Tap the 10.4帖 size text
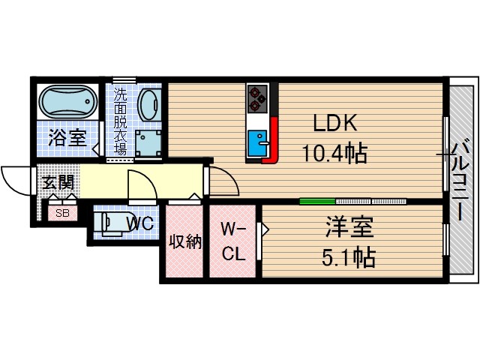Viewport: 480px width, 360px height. (x=334, y=154)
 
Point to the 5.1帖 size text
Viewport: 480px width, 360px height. (x=350, y=257)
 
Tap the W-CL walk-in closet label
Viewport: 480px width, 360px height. (x=233, y=241)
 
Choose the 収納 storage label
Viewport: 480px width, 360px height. (x=184, y=242)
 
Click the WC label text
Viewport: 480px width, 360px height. (x=140, y=223)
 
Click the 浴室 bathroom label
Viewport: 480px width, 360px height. (x=67, y=137)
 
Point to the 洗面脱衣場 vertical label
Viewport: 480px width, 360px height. (x=120, y=120)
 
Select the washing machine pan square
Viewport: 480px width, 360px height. (x=150, y=141)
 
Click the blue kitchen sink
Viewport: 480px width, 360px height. (x=259, y=142)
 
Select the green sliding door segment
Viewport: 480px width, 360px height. (x=317, y=201)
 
